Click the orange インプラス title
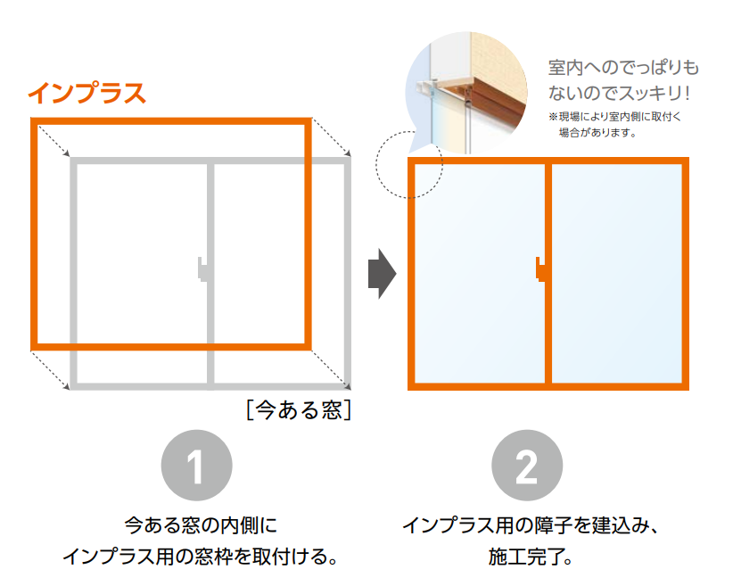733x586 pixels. tap(87, 93)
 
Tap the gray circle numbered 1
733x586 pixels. tap(196, 466)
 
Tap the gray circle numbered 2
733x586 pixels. tap(527, 466)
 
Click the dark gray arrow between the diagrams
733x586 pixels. tap(382, 274)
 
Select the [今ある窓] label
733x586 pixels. tap(299, 410)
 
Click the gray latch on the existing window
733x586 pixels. tap(202, 269)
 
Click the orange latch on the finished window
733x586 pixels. tap(540, 269)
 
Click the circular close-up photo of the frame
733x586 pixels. tap(466, 93)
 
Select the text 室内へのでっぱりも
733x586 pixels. tap(623, 68)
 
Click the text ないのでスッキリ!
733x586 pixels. tap(619, 93)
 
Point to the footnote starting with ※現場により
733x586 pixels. tap(614, 117)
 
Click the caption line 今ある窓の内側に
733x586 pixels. tap(201, 525)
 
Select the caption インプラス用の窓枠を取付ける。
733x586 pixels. tap(201, 556)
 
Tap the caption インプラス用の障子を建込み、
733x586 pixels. tap(531, 525)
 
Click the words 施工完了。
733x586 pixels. tap(531, 557)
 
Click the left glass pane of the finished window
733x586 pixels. tap(480, 273)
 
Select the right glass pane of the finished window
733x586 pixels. tap(616, 273)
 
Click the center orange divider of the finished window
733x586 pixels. tap(548, 273)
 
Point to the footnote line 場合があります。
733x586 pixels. tap(597, 132)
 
